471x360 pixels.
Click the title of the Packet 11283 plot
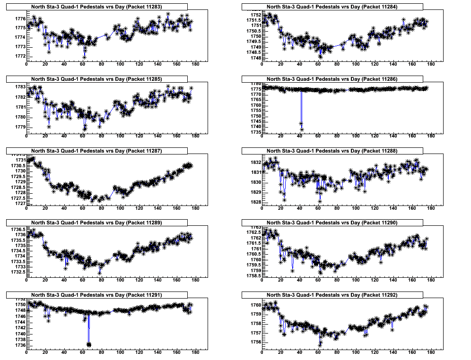click(96, 7)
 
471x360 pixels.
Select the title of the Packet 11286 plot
click(332, 79)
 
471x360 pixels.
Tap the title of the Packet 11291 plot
click(96, 295)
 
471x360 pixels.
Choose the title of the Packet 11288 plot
click(332, 151)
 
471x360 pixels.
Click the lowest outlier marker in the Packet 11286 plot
click(302, 129)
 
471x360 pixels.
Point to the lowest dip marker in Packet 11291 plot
click(88, 344)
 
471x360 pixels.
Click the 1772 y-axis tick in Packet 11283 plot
click(19, 56)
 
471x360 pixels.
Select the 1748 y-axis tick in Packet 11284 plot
click(254, 58)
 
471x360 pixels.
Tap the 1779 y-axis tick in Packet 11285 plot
click(19, 127)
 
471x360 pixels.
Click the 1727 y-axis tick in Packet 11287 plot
click(19, 204)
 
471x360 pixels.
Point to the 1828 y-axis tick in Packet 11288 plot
click(254, 202)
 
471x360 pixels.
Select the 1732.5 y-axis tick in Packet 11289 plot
click(17, 272)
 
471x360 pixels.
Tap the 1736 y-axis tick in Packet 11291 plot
click(19, 345)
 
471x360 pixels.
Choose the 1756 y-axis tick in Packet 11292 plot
click(254, 342)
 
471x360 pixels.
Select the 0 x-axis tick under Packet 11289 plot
click(26, 280)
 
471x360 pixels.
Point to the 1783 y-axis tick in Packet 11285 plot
click(19, 87)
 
